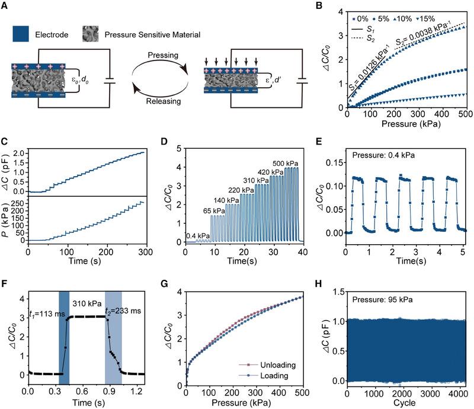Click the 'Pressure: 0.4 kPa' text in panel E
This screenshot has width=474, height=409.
tap(384, 156)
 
